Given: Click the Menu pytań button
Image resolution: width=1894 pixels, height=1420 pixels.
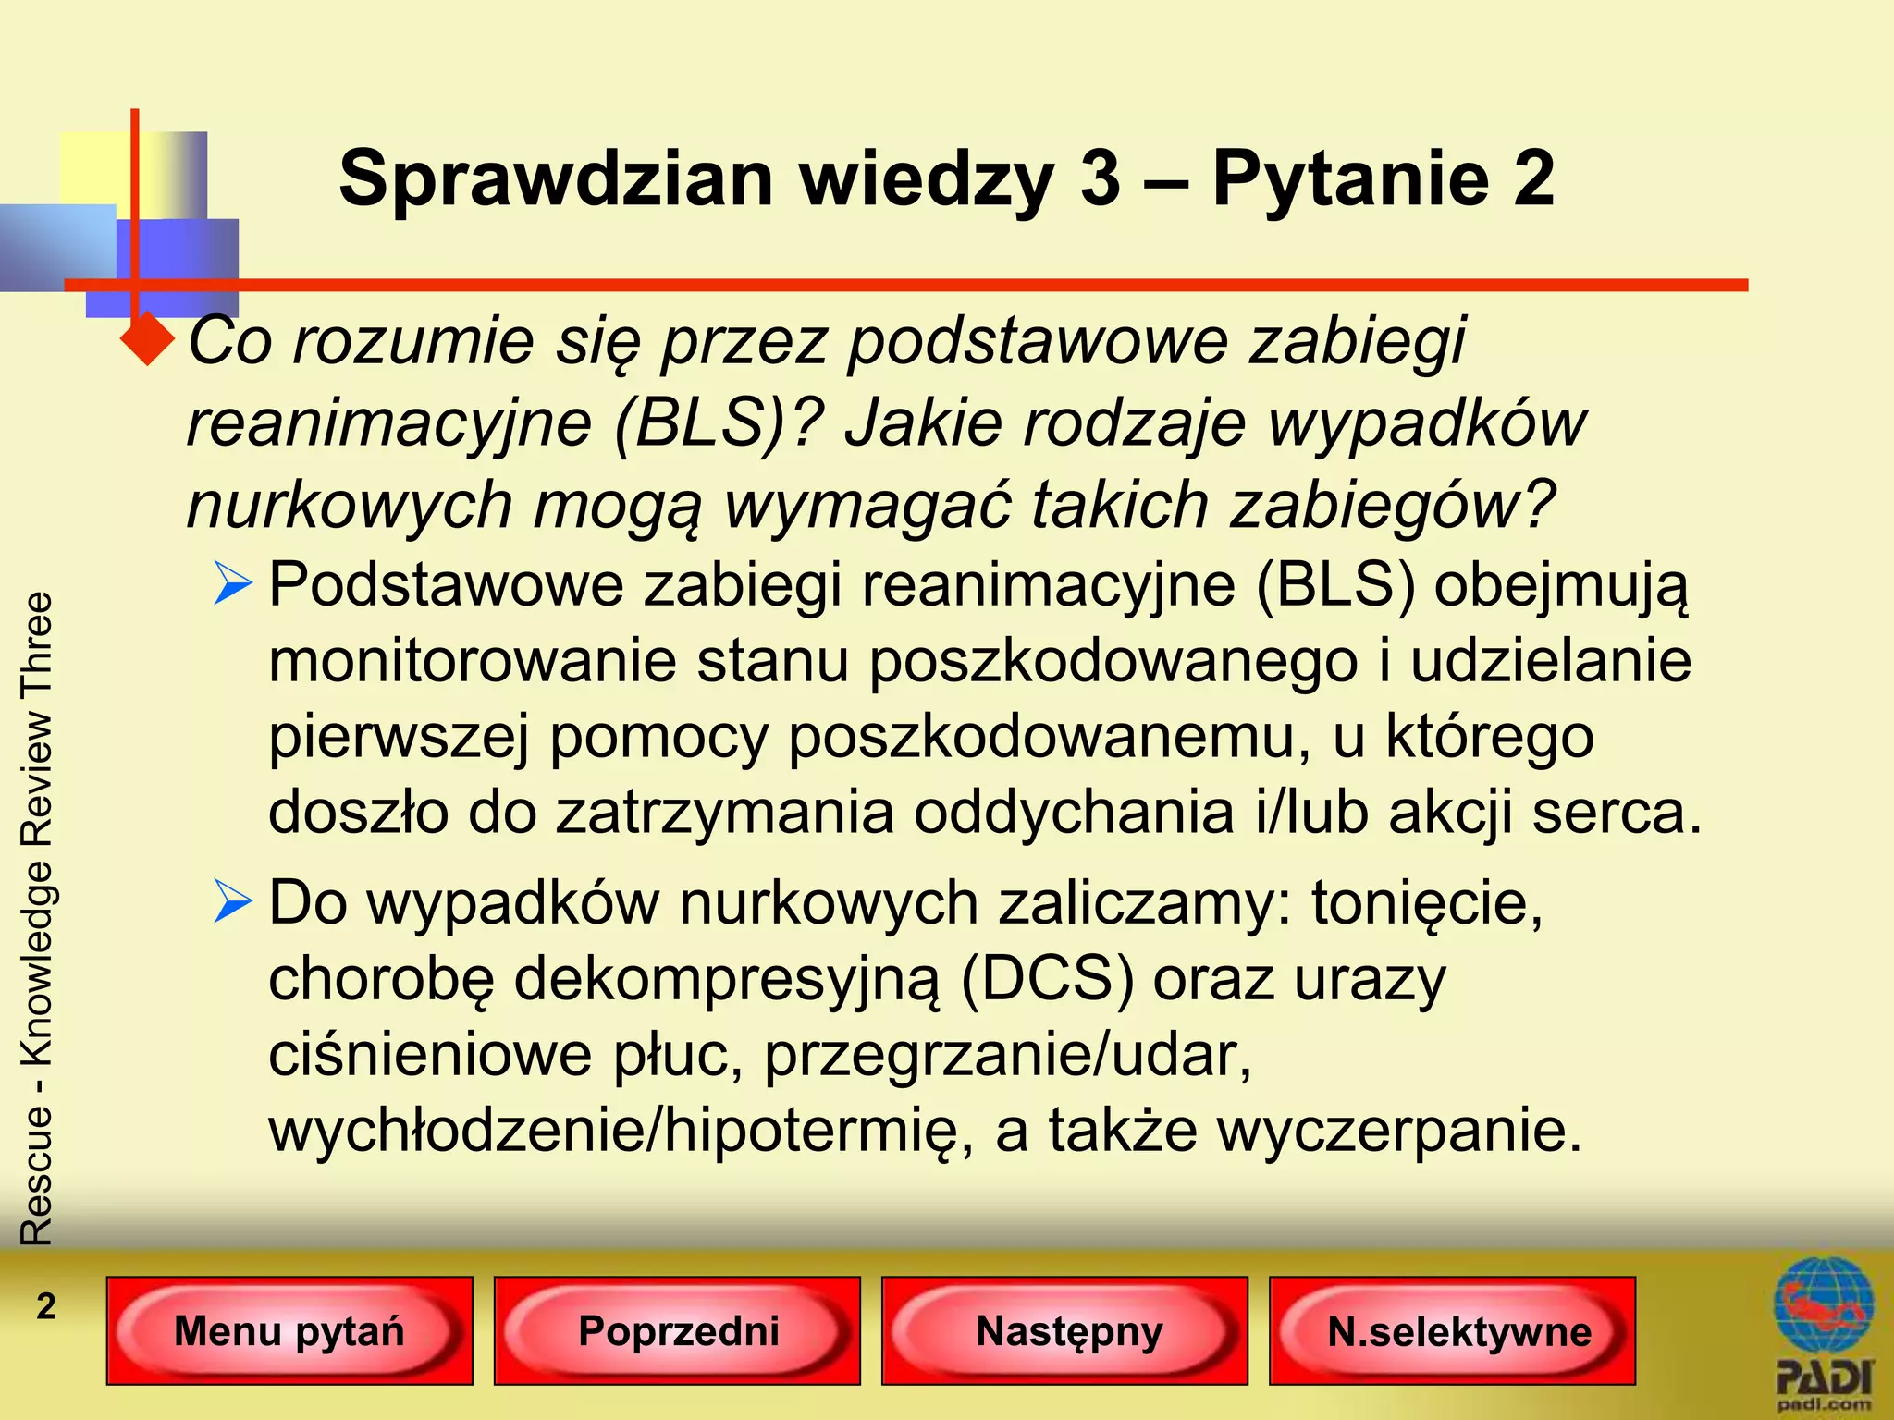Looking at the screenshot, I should tap(289, 1331).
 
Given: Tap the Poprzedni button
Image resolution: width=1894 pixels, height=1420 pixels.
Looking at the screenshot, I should tap(678, 1331).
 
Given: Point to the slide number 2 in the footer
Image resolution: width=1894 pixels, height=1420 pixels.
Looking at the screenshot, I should tap(45, 1306).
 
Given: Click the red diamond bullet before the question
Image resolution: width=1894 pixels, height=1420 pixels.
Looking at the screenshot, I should tap(147, 340).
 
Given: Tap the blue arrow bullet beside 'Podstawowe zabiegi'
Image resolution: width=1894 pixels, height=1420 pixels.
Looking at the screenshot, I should tap(232, 584).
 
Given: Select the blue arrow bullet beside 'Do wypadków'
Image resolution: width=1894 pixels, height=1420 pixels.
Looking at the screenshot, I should tap(232, 901).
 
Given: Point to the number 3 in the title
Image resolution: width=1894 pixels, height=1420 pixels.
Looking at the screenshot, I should tap(1100, 177).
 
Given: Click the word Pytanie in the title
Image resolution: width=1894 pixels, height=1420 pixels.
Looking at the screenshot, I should tap(1348, 177).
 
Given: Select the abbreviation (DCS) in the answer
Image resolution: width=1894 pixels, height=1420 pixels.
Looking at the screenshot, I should tap(1046, 978).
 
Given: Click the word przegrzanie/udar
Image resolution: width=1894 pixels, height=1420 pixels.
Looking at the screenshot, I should tap(1007, 1055).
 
